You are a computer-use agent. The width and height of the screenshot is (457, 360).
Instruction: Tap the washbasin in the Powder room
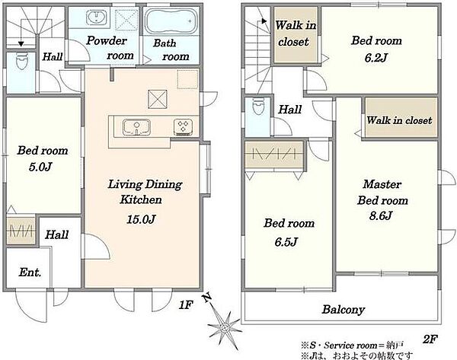(x=96, y=17)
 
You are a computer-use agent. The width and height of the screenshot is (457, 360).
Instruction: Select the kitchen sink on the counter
(x=136, y=127)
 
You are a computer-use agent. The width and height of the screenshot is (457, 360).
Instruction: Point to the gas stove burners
(x=183, y=127)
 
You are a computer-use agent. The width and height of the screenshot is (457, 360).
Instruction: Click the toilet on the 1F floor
(x=21, y=61)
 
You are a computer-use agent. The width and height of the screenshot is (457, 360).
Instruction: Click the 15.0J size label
(x=141, y=219)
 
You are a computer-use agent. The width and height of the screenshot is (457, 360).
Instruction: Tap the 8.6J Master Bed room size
(x=381, y=216)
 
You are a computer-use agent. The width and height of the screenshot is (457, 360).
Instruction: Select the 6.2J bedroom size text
(x=376, y=58)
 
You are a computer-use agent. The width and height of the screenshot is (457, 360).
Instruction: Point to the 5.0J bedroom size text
(x=40, y=167)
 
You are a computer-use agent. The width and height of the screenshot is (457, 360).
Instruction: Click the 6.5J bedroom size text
(x=286, y=241)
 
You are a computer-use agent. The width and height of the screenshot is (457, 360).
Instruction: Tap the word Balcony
(x=344, y=309)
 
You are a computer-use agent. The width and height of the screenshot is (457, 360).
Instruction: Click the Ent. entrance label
(x=30, y=272)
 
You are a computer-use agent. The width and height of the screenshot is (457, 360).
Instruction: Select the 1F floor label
(x=186, y=305)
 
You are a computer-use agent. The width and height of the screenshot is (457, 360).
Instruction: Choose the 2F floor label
(x=430, y=339)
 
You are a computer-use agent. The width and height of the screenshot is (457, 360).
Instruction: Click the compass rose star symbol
(x=225, y=328)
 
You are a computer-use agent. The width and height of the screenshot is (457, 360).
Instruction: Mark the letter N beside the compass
(x=207, y=298)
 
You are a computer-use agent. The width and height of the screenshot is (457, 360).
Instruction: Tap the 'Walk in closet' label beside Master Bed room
(x=399, y=120)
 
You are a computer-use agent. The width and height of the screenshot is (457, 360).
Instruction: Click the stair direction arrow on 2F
(x=264, y=21)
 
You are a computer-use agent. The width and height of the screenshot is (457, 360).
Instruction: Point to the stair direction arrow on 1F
(x=21, y=44)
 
